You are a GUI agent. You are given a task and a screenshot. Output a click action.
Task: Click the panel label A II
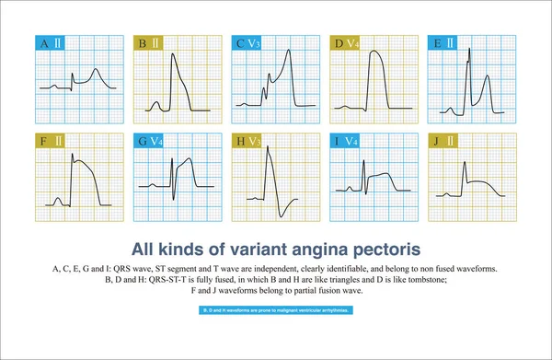point(49,42)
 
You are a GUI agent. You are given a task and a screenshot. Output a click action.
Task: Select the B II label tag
point(147,42)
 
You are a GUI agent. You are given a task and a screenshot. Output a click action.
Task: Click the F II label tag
point(49,141)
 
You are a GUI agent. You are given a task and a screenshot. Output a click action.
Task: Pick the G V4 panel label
point(148,141)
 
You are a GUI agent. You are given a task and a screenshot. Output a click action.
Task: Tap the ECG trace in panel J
point(478,184)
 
